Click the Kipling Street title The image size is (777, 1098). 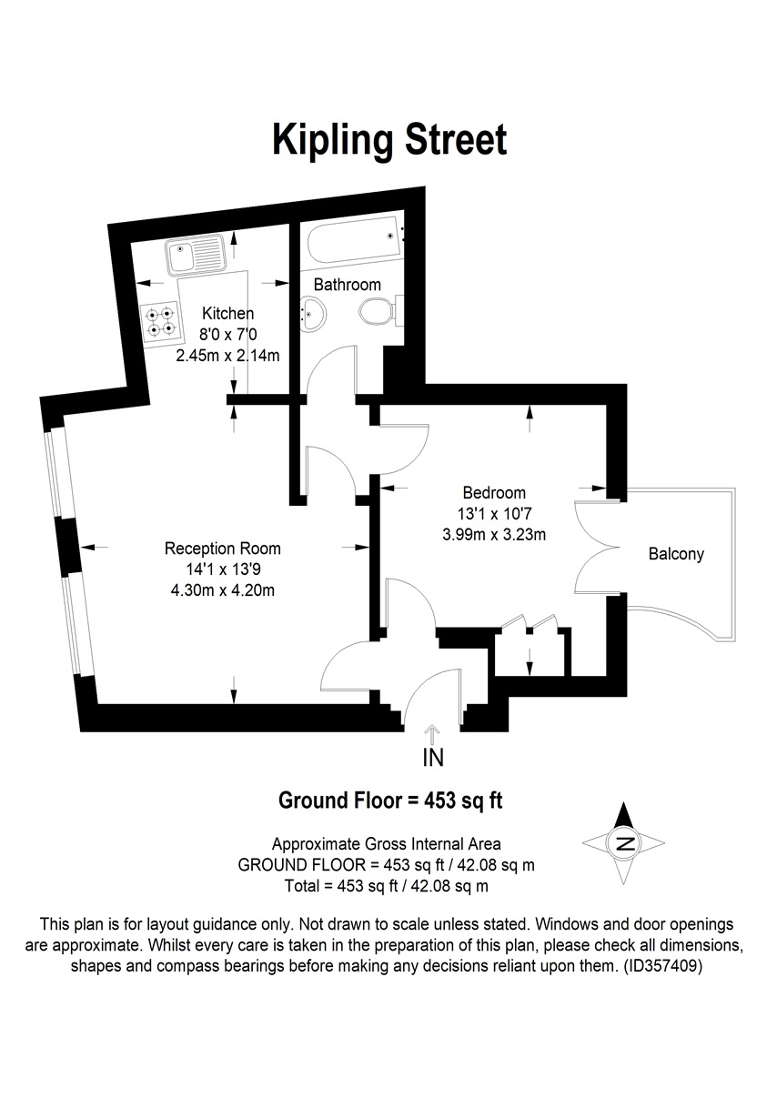click(389, 141)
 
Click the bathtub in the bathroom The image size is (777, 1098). click(354, 241)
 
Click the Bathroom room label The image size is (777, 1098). click(347, 285)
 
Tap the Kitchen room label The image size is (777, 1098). click(228, 313)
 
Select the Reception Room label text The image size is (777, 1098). click(223, 549)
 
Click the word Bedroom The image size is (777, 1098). click(494, 492)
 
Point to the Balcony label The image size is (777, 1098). click(676, 554)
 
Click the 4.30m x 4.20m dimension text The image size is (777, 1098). click(223, 590)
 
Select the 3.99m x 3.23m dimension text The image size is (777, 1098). click(494, 534)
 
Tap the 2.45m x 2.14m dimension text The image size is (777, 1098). click(228, 356)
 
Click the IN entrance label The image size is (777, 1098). click(433, 758)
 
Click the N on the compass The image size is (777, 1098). click(623, 843)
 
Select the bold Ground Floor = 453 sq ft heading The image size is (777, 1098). click(390, 801)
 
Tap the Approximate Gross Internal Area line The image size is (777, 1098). click(387, 844)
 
